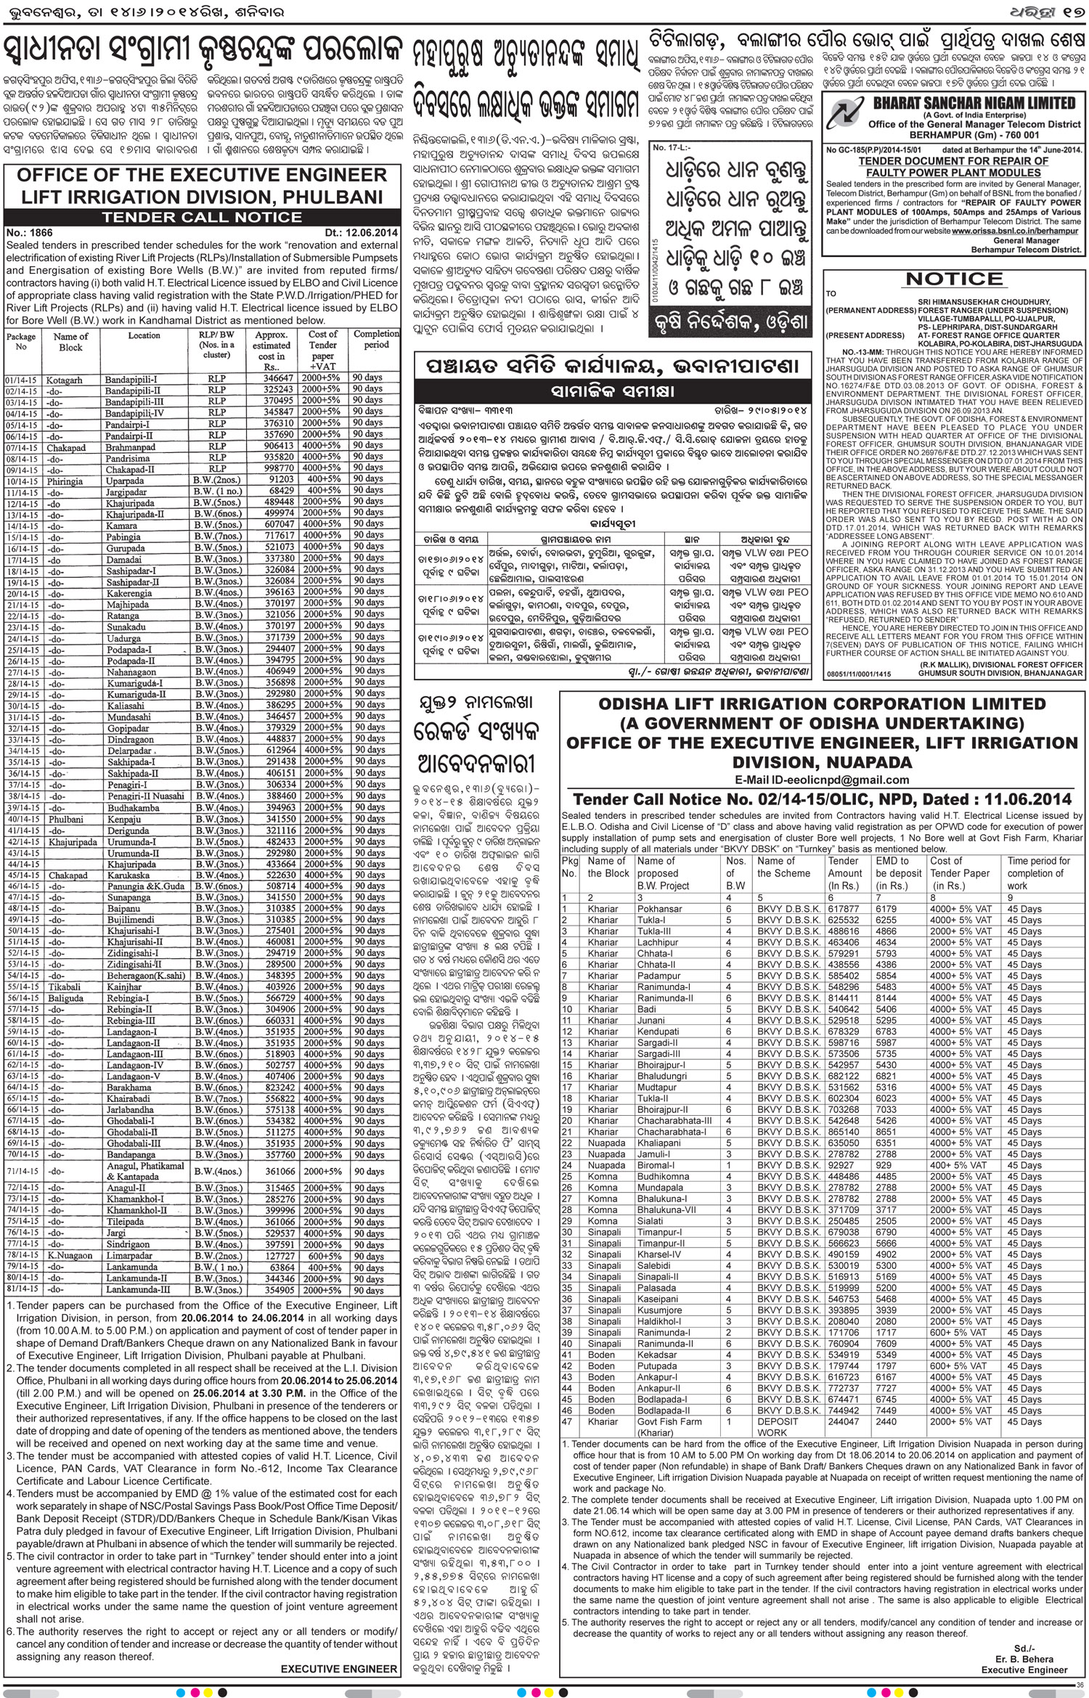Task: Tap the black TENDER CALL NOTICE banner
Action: (x=202, y=217)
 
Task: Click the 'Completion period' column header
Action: (x=376, y=340)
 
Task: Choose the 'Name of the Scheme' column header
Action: (x=783, y=867)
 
